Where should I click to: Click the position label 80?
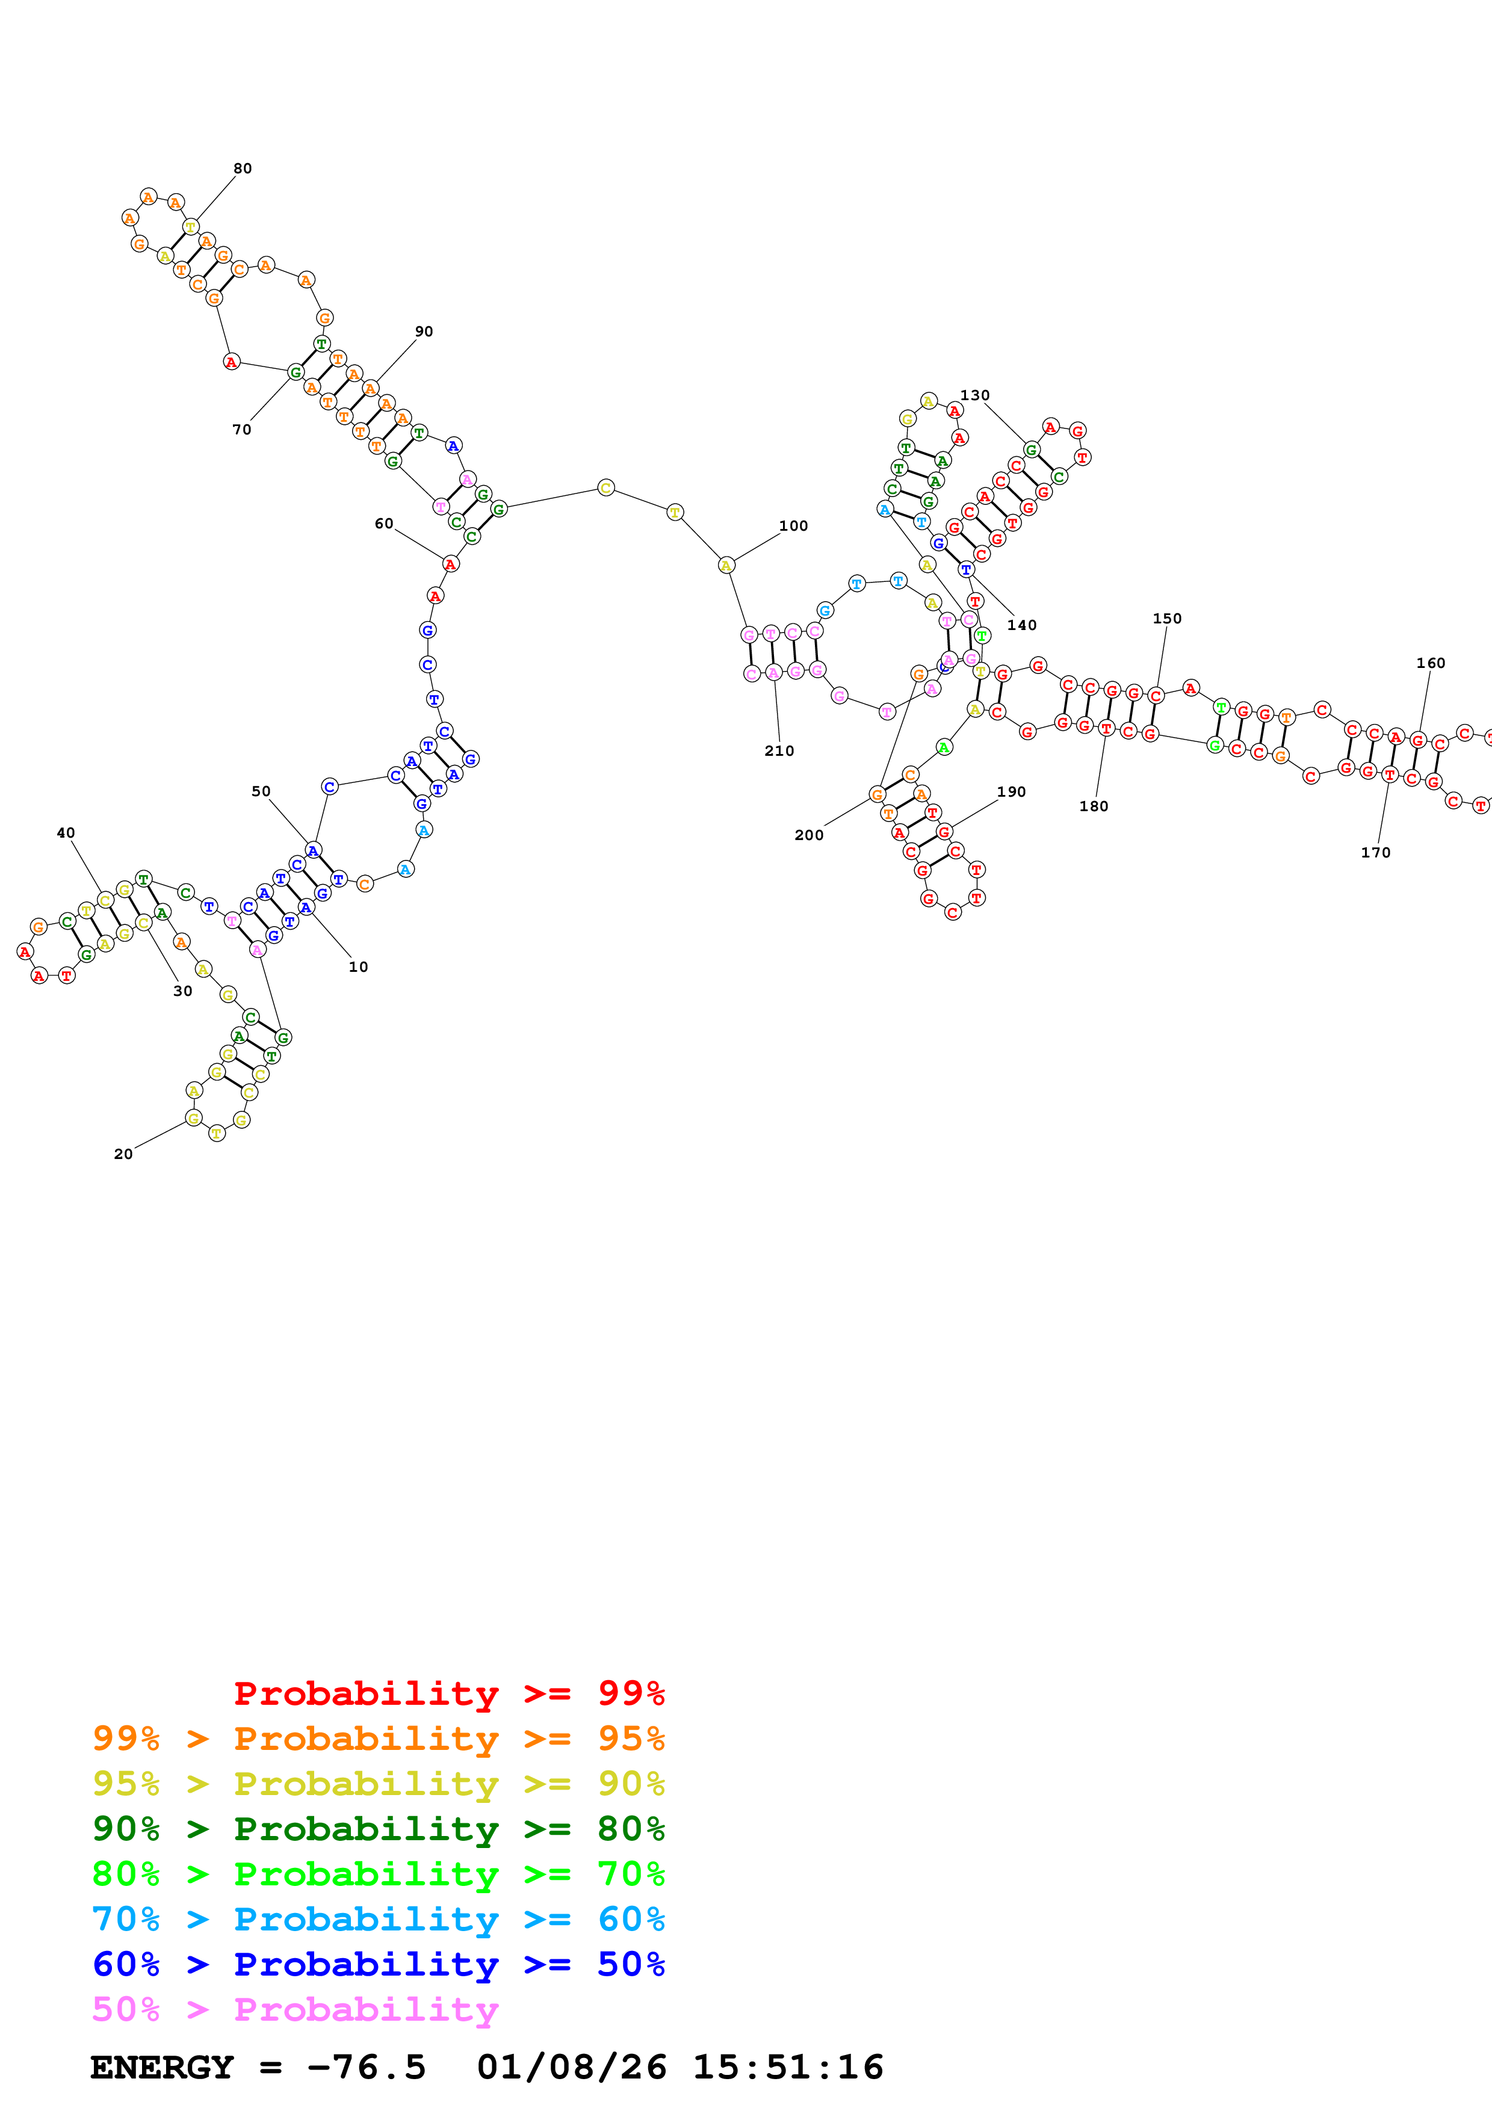tap(242, 168)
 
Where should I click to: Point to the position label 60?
tap(383, 523)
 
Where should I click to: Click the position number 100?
tap(793, 526)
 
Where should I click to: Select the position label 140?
tap(1021, 625)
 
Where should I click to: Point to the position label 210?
tap(779, 750)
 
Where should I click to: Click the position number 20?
tap(123, 1154)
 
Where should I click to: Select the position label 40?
tap(65, 833)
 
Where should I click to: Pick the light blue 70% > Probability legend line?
tap(378, 1919)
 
